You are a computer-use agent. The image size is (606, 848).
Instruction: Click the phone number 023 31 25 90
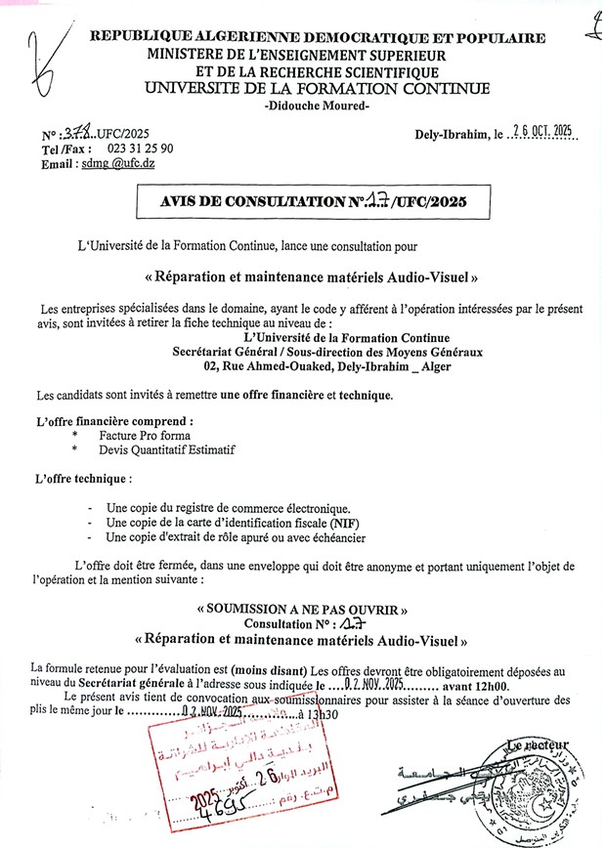[x=134, y=148]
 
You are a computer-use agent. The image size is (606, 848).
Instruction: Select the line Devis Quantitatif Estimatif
[x=164, y=449]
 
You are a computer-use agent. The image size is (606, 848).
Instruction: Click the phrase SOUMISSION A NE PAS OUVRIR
[x=302, y=609]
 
